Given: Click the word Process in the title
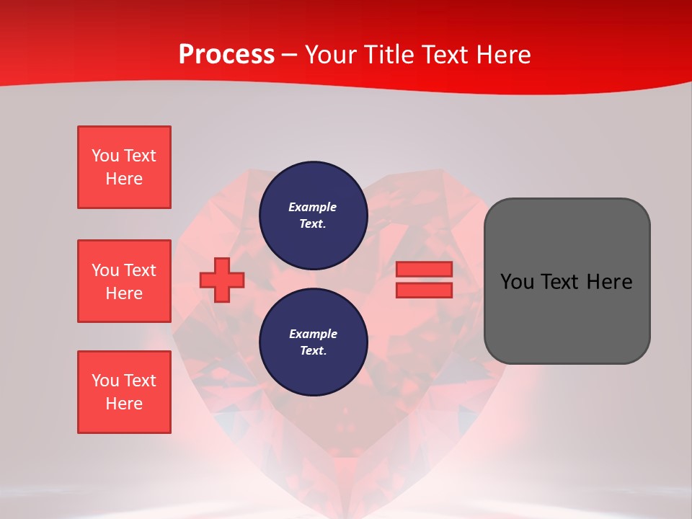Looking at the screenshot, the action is coord(226,55).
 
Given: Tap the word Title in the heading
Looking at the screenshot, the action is coord(390,54).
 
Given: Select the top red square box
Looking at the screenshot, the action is coord(125,167).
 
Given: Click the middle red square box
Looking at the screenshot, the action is coord(125,281).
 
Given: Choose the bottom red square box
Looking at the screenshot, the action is coord(125,392).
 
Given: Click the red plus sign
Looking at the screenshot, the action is coord(222,280).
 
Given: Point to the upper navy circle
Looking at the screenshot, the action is coord(314,216).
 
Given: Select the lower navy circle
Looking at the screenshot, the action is coord(314,342).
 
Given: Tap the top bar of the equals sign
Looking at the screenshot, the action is coord(424,269).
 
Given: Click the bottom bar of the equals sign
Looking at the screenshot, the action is coord(424,290).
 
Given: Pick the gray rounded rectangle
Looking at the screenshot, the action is coord(567,281).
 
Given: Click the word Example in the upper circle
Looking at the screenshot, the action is coord(312,207).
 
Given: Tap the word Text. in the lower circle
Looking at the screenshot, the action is coord(314,350).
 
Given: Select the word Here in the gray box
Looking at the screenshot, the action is coord(610,282).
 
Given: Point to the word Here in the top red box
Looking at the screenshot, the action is coord(124,179).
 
